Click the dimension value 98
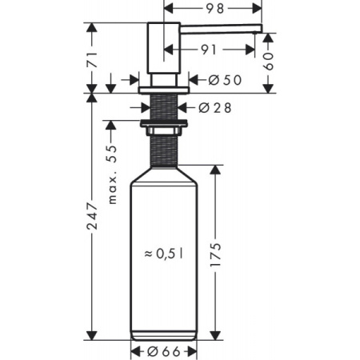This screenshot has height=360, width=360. tap(213, 9)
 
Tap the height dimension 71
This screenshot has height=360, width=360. tap(92, 58)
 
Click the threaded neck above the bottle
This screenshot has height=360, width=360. tap(164, 148)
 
